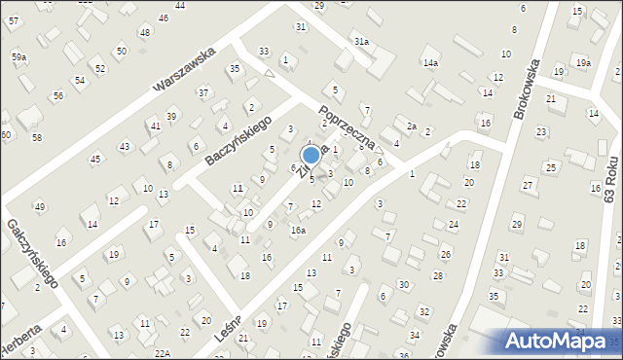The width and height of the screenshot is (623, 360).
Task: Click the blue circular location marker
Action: coord(311,155)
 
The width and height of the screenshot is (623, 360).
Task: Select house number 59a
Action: coord(18,57)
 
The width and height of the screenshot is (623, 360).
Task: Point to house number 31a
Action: coord(361,42)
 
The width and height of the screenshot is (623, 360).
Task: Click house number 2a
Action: coord(412,126)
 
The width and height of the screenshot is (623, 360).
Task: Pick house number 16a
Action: coord(298,230)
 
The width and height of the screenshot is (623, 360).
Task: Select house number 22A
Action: coord(162,354)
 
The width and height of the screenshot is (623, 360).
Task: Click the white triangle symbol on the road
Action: coord(285,59)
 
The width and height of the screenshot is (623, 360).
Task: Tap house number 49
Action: coord(40,206)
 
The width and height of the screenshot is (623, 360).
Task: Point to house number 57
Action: coord(12,20)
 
